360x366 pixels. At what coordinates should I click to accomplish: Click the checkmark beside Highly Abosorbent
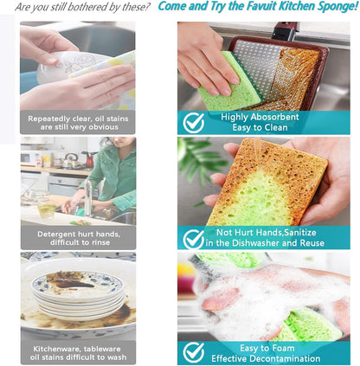tap(194, 123)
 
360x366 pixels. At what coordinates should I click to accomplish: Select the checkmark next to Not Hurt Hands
tap(194, 239)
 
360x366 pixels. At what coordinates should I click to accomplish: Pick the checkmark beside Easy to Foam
tap(194, 352)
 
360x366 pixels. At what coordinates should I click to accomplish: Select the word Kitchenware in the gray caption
tap(52, 349)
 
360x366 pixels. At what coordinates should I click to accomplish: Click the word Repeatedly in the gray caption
tap(48, 119)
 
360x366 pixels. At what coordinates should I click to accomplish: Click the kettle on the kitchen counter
tap(71, 160)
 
